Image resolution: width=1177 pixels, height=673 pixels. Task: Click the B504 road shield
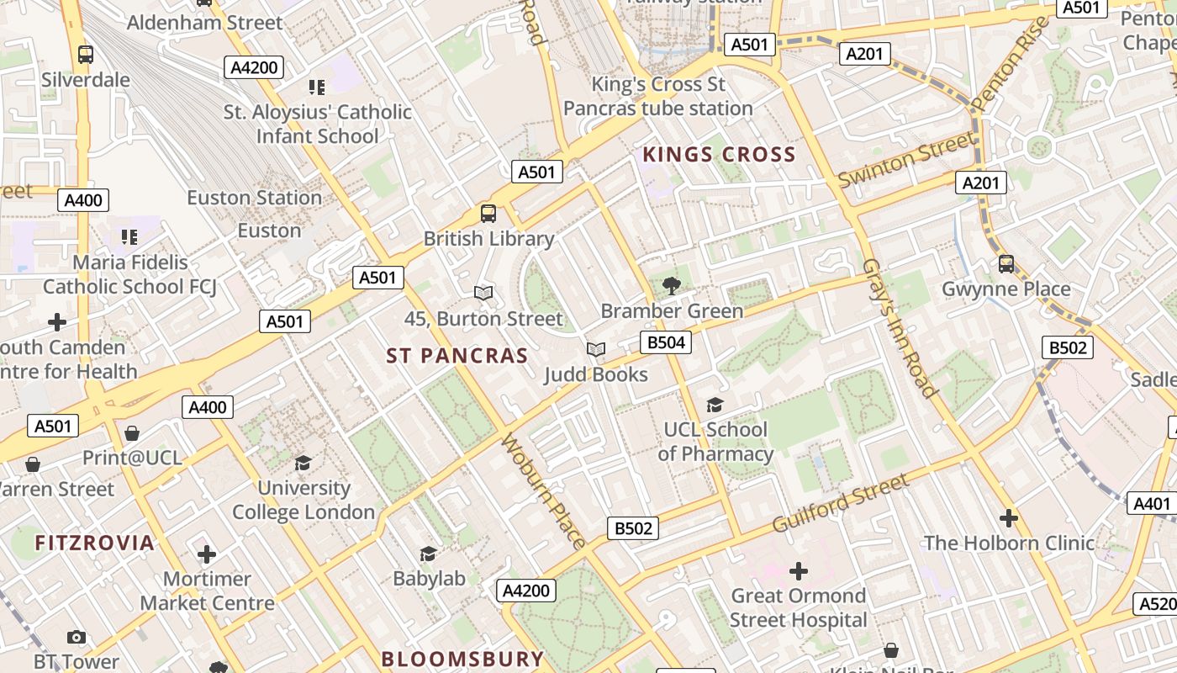pyautogui.click(x=665, y=342)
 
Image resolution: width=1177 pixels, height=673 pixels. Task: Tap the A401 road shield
pyautogui.click(x=1151, y=504)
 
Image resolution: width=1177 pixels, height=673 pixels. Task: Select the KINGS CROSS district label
pyautogui.click(x=719, y=155)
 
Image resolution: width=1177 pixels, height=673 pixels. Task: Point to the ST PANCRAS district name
pyautogui.click(x=457, y=356)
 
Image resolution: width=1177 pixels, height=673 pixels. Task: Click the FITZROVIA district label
pyautogui.click(x=95, y=543)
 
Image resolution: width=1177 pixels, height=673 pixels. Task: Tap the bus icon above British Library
pyautogui.click(x=488, y=214)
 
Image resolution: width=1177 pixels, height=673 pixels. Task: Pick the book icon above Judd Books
pyautogui.click(x=596, y=349)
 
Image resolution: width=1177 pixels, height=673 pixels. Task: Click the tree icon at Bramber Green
pyautogui.click(x=672, y=286)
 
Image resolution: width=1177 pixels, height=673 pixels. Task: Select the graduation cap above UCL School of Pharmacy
pyautogui.click(x=715, y=405)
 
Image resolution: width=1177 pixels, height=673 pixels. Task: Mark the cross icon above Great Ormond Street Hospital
pyautogui.click(x=799, y=572)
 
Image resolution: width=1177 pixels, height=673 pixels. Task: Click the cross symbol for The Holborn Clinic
pyautogui.click(x=1009, y=518)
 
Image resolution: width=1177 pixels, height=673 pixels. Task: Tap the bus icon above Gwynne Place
pyautogui.click(x=1006, y=264)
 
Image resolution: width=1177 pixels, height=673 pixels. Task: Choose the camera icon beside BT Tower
pyautogui.click(x=77, y=638)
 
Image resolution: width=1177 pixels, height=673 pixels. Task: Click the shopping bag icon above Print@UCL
pyautogui.click(x=132, y=433)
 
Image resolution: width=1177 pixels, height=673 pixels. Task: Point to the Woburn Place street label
pyautogui.click(x=543, y=491)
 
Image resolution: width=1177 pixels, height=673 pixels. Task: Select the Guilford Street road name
pyautogui.click(x=841, y=502)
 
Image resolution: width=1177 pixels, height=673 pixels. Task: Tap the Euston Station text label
pyautogui.click(x=254, y=198)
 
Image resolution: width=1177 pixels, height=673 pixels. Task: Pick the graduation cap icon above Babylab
pyautogui.click(x=429, y=554)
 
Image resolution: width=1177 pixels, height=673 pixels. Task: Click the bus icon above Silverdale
pyautogui.click(x=86, y=55)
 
